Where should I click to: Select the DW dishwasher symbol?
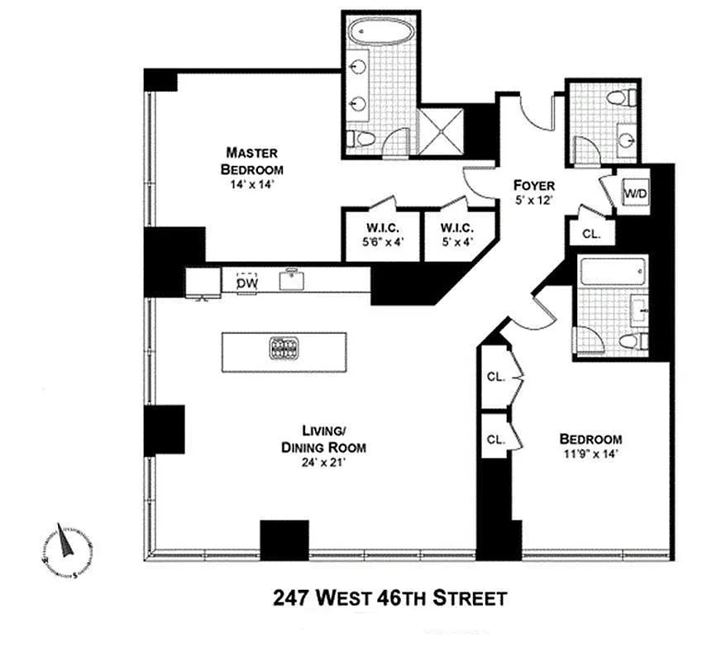pyautogui.click(x=246, y=283)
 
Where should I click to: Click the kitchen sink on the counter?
pyautogui.click(x=290, y=279)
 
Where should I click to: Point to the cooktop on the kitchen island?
pyautogui.click(x=283, y=349)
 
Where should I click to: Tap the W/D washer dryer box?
pyautogui.click(x=635, y=193)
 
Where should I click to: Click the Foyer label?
pyautogui.click(x=533, y=185)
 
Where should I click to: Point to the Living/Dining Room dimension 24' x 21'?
pyautogui.click(x=322, y=463)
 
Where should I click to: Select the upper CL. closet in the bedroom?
pyautogui.click(x=495, y=378)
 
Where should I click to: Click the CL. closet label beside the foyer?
pyautogui.click(x=590, y=234)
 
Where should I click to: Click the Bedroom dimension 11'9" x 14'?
pyautogui.click(x=590, y=454)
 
